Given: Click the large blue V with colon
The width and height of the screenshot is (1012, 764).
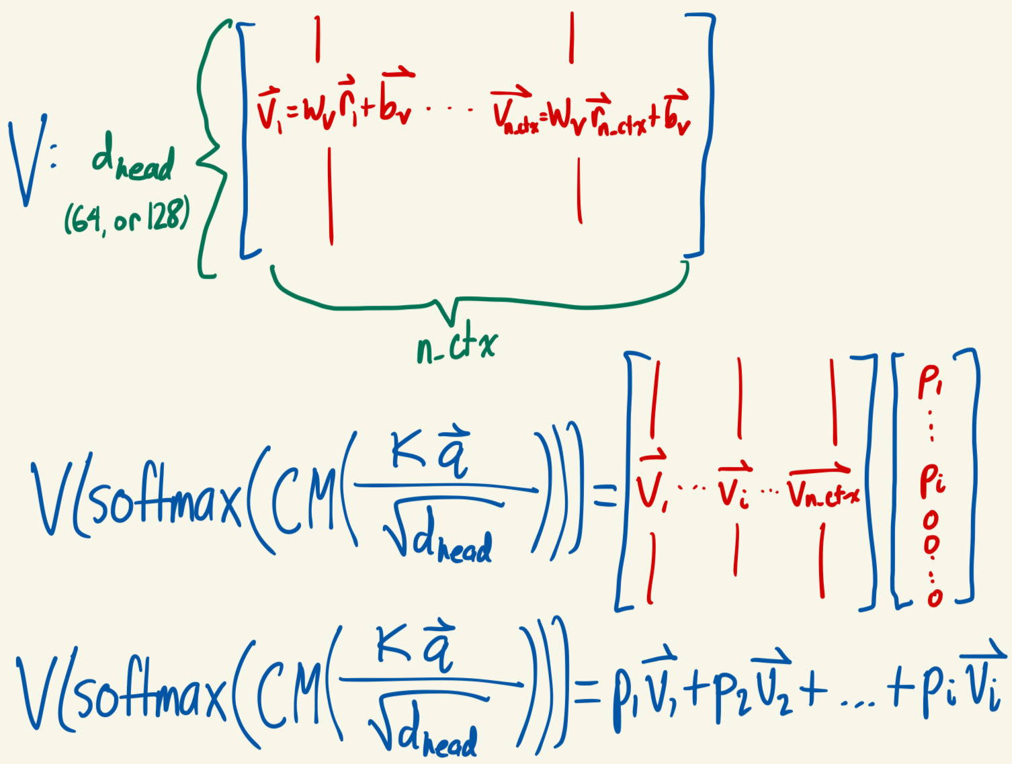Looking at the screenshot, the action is click(x=30, y=160).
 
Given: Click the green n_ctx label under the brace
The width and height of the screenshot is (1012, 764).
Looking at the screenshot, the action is click(x=456, y=345).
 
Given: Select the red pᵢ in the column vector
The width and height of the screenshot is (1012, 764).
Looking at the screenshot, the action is click(x=933, y=481).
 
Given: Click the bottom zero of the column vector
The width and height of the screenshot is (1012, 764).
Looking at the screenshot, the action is click(x=935, y=597).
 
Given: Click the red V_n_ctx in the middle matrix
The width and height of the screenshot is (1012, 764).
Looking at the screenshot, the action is click(x=823, y=491).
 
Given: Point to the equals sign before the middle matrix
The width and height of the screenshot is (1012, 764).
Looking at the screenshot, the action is click(x=605, y=497).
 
